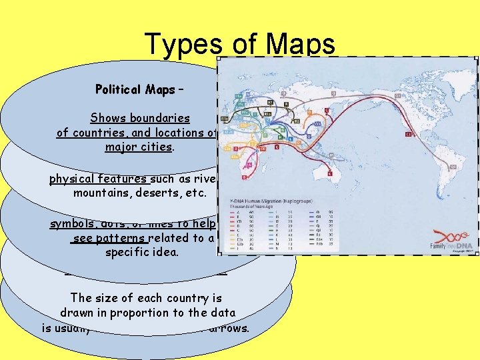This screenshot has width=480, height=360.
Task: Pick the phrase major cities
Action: coord(140,146)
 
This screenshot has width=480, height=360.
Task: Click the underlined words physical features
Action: coord(99,179)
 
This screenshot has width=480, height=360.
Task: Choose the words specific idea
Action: coord(139,253)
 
